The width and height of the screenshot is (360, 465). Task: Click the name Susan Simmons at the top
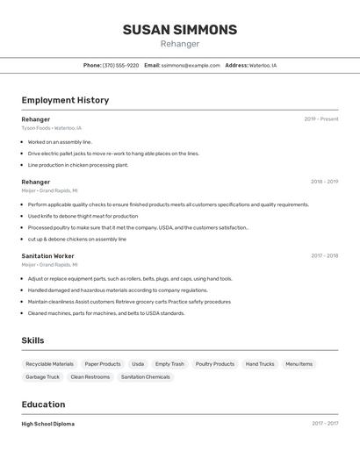[180, 30]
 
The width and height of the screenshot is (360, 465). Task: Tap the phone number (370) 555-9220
[120, 65]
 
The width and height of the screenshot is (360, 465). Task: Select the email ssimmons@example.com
[191, 65]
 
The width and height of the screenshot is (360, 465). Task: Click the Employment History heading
[65, 100]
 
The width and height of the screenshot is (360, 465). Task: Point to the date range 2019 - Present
[321, 119]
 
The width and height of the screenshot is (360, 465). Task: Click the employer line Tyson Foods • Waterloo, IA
[52, 128]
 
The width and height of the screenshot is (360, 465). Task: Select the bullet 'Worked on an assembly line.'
[60, 141]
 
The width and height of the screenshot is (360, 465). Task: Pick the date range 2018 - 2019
[324, 182]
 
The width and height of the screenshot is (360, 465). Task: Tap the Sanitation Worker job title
[47, 255]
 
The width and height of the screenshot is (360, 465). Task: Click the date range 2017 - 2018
[324, 255]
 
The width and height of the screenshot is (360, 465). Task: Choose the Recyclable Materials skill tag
[49, 364]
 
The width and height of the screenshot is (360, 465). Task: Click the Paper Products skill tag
[103, 364]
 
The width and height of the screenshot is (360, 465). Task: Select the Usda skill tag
[138, 364]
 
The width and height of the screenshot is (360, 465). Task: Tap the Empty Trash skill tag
[169, 364]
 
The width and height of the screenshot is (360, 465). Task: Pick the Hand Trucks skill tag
[260, 364]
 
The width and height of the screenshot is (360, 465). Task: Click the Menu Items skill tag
[299, 364]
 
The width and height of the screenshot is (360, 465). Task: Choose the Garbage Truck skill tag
[42, 377]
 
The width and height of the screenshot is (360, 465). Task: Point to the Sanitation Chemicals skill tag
[146, 377]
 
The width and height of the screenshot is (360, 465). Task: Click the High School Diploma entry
[48, 424]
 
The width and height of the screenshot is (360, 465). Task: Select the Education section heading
[43, 404]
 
